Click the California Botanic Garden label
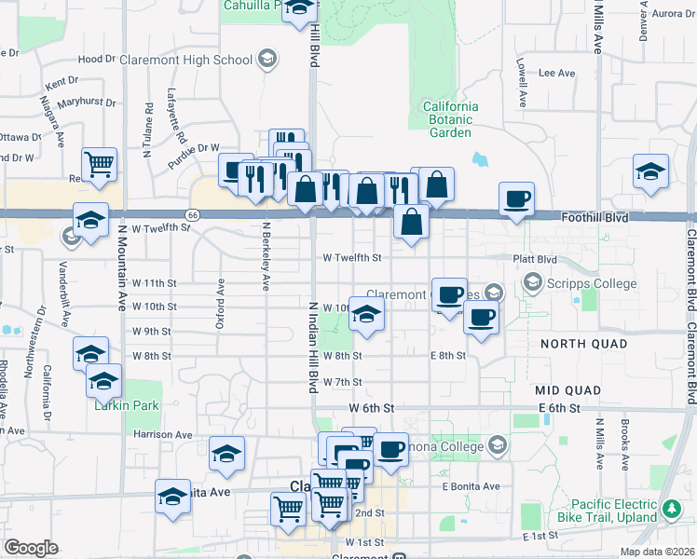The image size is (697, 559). (451, 119)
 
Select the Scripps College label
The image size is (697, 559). (593, 283)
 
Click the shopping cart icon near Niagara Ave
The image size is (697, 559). (99, 165)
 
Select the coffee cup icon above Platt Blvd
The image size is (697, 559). (516, 198)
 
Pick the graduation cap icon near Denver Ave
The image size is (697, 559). (650, 171)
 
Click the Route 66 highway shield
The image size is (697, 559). (193, 214)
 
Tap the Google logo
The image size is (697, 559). (31, 548)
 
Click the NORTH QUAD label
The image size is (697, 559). (572, 345)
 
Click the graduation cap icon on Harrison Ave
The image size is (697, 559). (226, 454)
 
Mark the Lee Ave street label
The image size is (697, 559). (557, 73)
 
